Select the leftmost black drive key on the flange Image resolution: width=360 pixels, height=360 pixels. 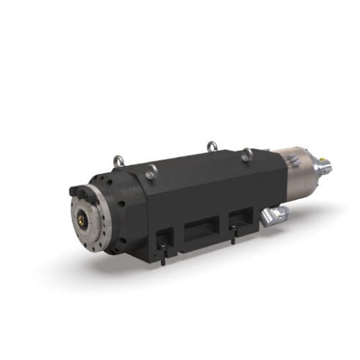(75, 192)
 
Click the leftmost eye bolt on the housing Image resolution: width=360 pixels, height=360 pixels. (118, 161)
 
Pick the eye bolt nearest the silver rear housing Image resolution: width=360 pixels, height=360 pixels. (246, 155)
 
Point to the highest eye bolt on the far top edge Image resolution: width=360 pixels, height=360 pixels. (211, 146)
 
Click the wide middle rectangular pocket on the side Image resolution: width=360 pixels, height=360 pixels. (199, 231)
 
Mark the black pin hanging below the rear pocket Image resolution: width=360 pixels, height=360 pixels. (233, 234)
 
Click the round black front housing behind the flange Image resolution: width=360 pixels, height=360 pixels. (119, 211)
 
